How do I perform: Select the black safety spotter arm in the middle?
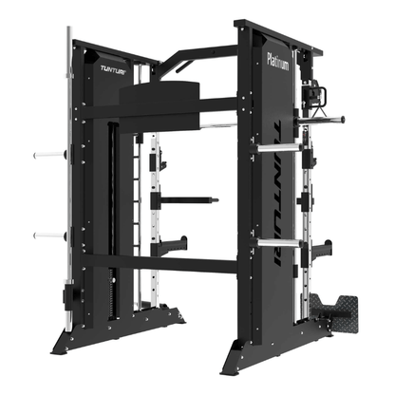(x=185, y=200)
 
